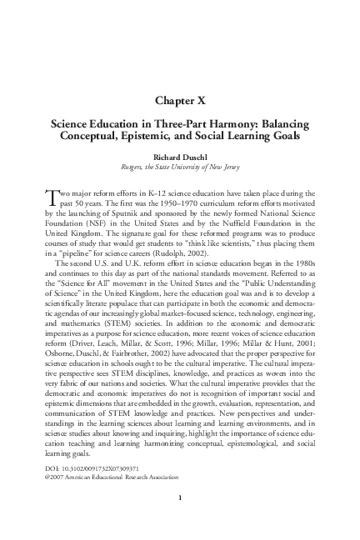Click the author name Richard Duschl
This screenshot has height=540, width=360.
point(179,154)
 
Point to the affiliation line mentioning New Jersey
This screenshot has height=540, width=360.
point(179,167)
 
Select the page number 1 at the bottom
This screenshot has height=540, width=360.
point(179,521)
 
